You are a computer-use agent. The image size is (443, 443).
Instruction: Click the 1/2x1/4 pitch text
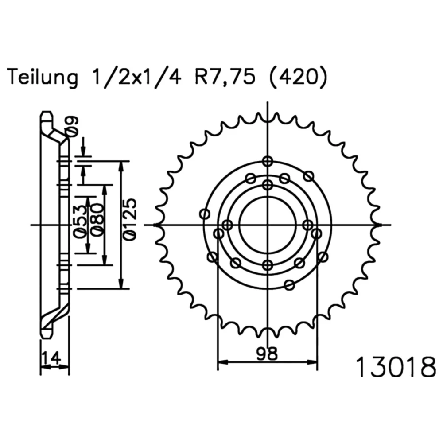tap(136, 77)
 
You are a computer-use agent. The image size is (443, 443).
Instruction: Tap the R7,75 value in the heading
tap(225, 77)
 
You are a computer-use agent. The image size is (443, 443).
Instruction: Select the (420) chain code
tap(299, 77)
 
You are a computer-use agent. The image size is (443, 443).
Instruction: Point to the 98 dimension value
tap(267, 353)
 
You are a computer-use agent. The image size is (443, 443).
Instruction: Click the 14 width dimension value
tap(51, 358)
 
